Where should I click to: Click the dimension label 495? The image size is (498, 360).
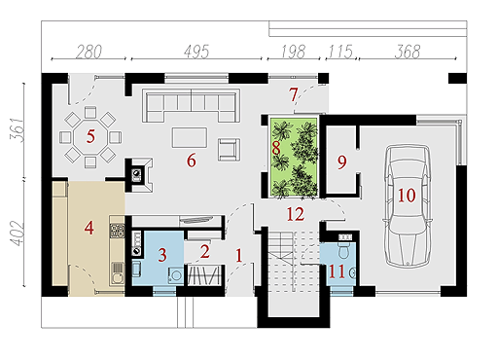point(196,52)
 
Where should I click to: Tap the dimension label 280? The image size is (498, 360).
point(89,52)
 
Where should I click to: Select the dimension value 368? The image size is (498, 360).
point(408,52)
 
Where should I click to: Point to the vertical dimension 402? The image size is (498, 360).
point(17,234)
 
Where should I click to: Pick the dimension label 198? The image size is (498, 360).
point(293,52)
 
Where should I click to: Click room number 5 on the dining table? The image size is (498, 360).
point(90,136)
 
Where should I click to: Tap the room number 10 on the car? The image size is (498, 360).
point(407,196)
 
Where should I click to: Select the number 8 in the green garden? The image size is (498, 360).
point(276,149)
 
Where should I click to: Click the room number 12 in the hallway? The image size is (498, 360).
point(296,214)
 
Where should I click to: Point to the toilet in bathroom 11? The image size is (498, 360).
point(344,249)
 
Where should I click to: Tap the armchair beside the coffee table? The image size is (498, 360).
point(229,150)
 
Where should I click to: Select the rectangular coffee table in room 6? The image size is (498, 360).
point(190,137)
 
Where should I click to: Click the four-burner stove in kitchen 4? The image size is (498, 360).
point(118,231)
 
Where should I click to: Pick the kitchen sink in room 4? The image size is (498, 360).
point(118,274)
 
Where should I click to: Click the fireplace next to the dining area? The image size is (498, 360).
point(140,175)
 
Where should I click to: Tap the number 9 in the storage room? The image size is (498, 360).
point(342,162)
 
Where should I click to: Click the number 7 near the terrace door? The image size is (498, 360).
point(294,94)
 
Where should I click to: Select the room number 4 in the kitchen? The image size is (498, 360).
point(89,228)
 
